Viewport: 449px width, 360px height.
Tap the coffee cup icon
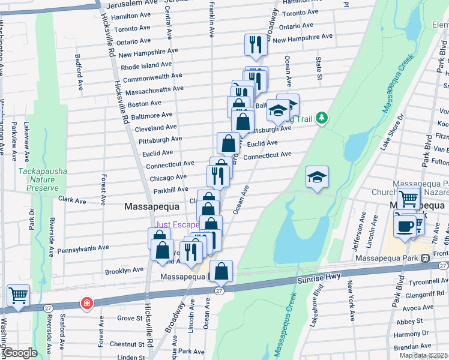point(404,226)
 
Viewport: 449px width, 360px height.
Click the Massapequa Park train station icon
point(425,258)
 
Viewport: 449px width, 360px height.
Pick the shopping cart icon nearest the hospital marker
point(18,296)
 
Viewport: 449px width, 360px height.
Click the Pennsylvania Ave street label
point(83,247)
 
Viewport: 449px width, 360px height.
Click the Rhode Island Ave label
point(146,65)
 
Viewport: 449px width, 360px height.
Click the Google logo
point(20,353)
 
